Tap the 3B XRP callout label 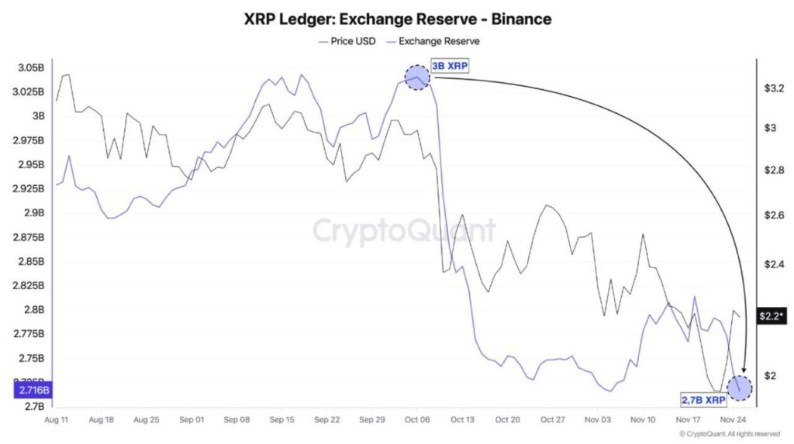450,67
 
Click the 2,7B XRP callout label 704,400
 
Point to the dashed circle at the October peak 417,77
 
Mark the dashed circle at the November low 740,387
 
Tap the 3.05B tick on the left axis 29,68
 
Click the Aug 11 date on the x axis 58,420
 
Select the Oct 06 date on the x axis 417,420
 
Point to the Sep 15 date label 281,420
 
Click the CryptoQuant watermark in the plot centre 403,230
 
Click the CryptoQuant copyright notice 729,434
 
